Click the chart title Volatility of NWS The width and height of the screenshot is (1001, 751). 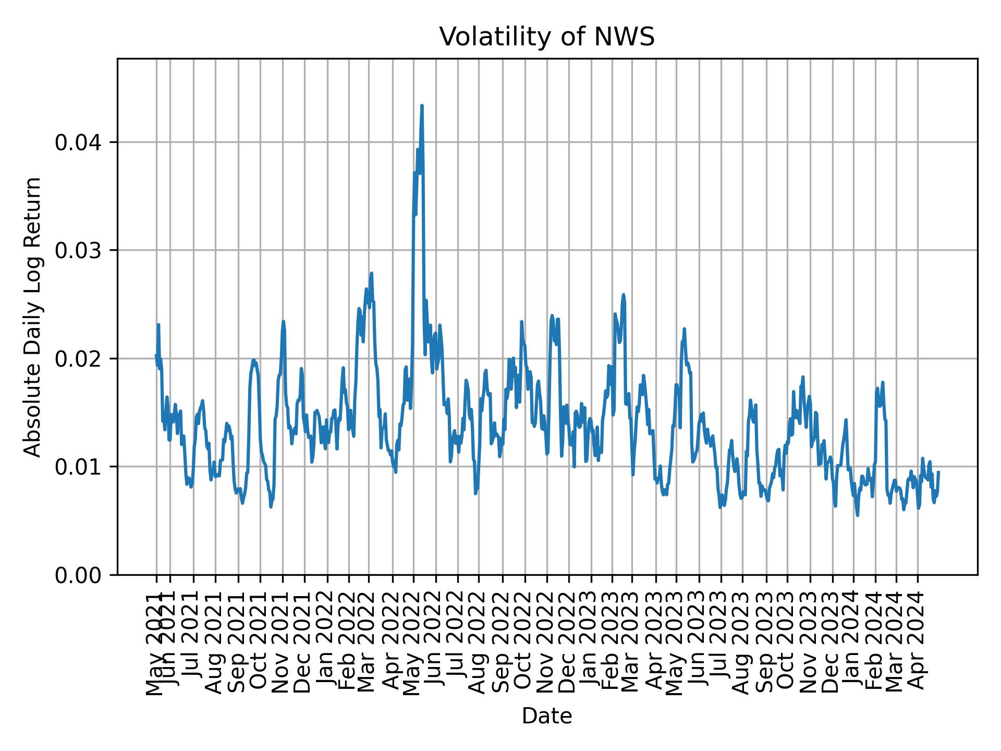pos(546,38)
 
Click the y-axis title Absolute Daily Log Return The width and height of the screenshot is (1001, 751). pos(33,317)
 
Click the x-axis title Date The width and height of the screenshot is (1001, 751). pos(547,716)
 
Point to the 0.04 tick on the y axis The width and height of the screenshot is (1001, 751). pos(78,142)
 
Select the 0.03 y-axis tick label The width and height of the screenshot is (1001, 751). pos(78,250)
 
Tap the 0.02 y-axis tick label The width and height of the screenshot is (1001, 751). pos(78,359)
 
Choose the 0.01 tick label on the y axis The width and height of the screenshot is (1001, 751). pos(78,467)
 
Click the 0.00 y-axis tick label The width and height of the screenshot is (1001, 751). pos(78,575)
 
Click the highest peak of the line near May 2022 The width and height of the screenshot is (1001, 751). pos(422,106)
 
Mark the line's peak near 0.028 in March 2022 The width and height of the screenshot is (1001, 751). pos(371,273)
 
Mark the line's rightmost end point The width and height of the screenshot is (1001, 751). pos(938,472)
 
